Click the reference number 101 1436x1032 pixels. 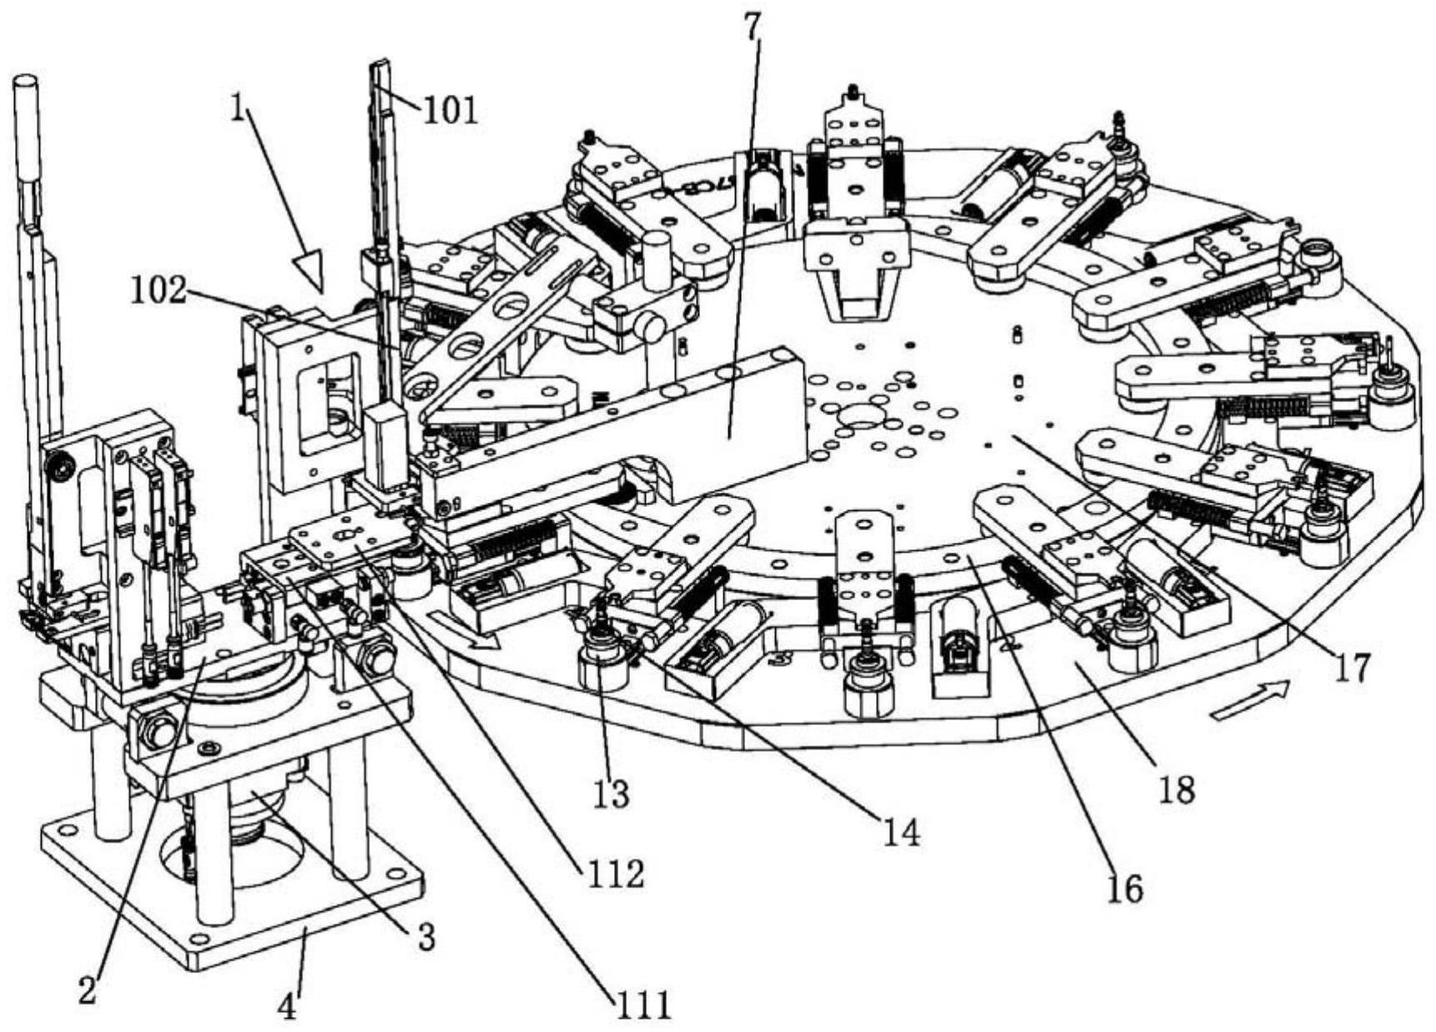coord(451,108)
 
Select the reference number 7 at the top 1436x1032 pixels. coord(753,27)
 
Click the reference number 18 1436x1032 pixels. coord(1177,788)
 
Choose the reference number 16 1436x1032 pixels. coord(1123,889)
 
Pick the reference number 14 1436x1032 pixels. coord(902,831)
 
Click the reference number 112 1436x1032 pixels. coord(613,874)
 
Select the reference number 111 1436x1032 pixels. coord(643,1004)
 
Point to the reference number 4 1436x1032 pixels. coord(286,1007)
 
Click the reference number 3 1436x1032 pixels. coord(425,937)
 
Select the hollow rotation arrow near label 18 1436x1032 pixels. coord(1250,699)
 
